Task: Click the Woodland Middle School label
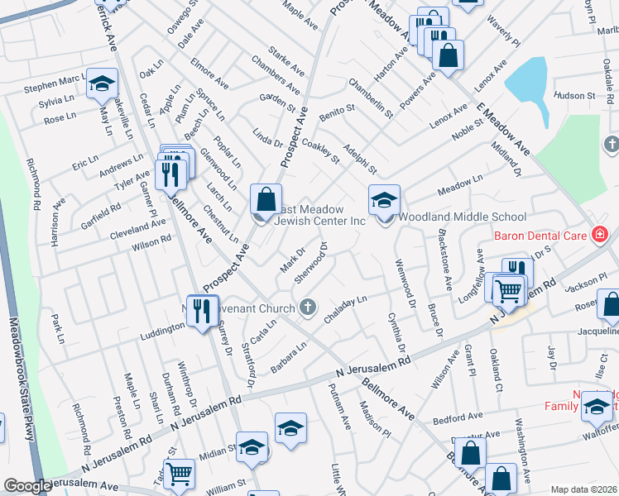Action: (463, 217)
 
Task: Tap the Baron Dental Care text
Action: (540, 236)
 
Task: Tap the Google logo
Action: (27, 486)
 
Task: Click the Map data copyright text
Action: (583, 489)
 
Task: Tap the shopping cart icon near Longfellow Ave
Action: (506, 289)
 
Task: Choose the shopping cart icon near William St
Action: (179, 474)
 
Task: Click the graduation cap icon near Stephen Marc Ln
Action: (103, 83)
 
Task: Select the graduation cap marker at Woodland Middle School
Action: (384, 199)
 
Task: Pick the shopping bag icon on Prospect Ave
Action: (266, 199)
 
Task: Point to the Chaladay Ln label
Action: (346, 312)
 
